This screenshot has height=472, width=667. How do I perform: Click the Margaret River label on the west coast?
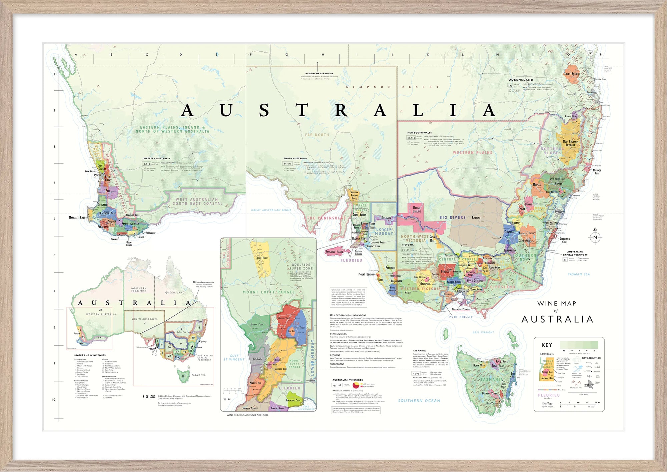[x=77, y=218]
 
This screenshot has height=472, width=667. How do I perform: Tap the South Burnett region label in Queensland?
[x=572, y=74]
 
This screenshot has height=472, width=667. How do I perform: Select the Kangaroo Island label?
[x=334, y=252]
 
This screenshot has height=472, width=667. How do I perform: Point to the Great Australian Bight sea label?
[x=271, y=210]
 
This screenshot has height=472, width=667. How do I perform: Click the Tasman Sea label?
[x=579, y=274]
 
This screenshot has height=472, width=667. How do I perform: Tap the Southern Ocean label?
[x=419, y=401]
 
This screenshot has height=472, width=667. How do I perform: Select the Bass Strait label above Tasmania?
[x=483, y=332]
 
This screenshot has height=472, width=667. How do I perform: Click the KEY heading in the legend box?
[x=547, y=345]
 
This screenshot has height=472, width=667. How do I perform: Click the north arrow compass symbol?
[x=595, y=237]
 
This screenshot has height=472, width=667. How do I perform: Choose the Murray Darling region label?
[x=417, y=210]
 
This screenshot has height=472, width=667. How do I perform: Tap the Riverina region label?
[x=476, y=218]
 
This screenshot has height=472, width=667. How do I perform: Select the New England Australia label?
[x=570, y=143]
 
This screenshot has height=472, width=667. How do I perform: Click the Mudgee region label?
[x=537, y=185]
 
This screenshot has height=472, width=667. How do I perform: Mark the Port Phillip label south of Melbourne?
[x=461, y=317]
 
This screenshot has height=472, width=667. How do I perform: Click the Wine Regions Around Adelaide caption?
[x=247, y=415]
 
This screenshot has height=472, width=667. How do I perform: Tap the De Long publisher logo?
[x=149, y=397]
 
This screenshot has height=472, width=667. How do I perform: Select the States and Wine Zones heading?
[x=90, y=355]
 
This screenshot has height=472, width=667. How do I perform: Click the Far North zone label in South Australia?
[x=317, y=135]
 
